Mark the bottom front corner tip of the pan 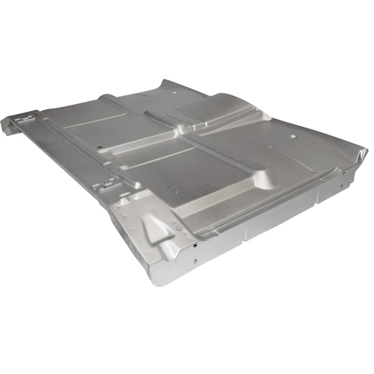155,282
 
